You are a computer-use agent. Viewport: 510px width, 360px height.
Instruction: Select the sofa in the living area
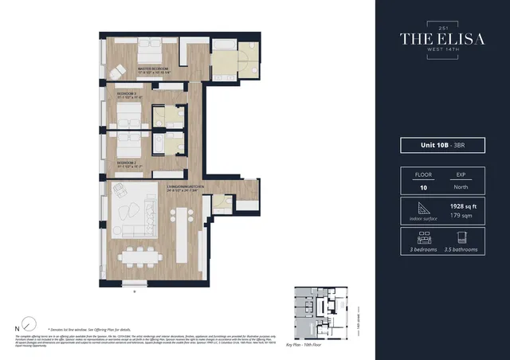pos(135,213)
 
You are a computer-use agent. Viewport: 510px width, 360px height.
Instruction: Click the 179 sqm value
pos(461,215)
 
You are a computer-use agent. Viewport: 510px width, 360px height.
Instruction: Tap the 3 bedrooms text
pos(422,249)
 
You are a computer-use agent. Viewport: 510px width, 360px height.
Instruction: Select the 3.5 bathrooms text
pos(461,249)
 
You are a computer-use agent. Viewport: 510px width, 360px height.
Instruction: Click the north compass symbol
pos(29,324)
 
